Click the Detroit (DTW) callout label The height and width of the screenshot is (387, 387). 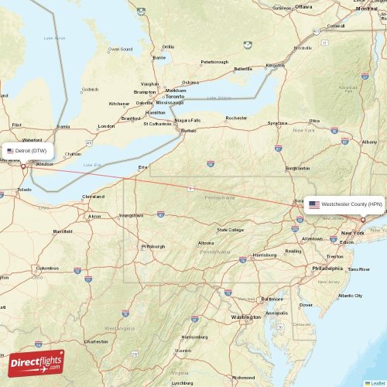(26, 150)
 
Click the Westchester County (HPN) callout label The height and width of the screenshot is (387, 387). (344, 204)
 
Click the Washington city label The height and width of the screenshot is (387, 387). (245, 317)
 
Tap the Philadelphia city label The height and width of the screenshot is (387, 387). (326, 268)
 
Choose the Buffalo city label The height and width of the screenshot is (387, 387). (189, 131)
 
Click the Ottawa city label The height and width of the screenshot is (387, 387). (303, 6)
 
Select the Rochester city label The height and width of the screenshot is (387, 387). (236, 118)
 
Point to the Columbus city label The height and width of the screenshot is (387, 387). (47, 268)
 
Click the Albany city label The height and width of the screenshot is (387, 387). (369, 142)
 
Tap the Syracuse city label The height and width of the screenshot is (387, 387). (278, 122)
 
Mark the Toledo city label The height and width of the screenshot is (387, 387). (25, 189)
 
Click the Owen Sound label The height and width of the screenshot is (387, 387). (120, 49)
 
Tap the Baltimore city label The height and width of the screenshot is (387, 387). (272, 298)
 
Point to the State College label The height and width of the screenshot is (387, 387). (231, 229)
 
